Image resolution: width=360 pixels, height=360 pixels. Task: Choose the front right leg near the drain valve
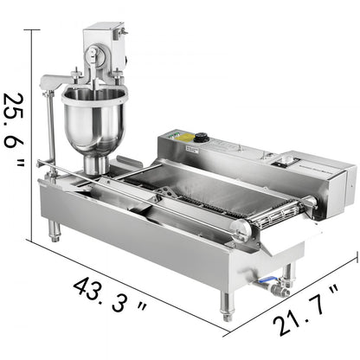[227, 303]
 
